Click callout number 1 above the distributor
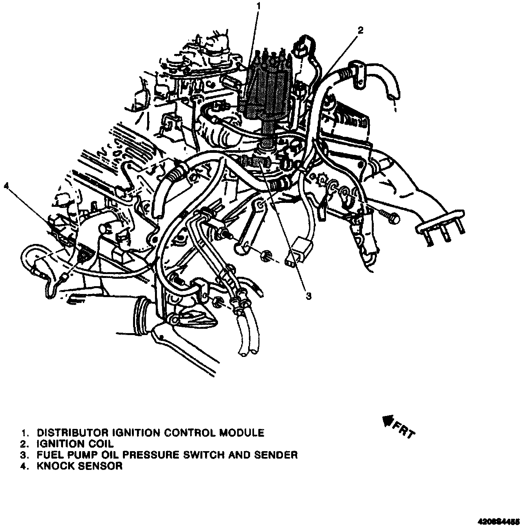pos(258,6)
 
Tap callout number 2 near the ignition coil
pos(361,30)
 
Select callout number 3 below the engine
pos(308,296)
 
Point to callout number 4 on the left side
pos(6,186)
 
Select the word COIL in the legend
pos(101,444)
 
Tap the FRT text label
pos(404,430)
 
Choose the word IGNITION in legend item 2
pos(61,444)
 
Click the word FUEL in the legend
pos(49,455)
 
